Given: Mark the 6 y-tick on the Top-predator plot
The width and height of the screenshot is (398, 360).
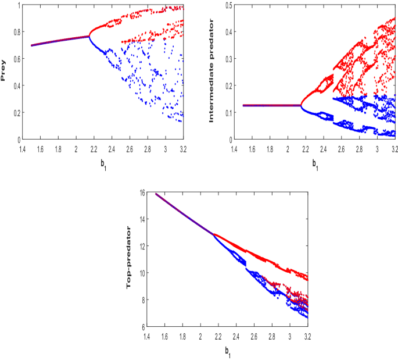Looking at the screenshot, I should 143,327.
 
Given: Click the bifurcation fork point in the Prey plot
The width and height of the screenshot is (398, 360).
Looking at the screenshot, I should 89,36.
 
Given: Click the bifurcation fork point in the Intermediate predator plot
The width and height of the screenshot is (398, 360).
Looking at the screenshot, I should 301,105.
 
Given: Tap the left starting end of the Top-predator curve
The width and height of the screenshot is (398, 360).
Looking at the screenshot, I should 156,194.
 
